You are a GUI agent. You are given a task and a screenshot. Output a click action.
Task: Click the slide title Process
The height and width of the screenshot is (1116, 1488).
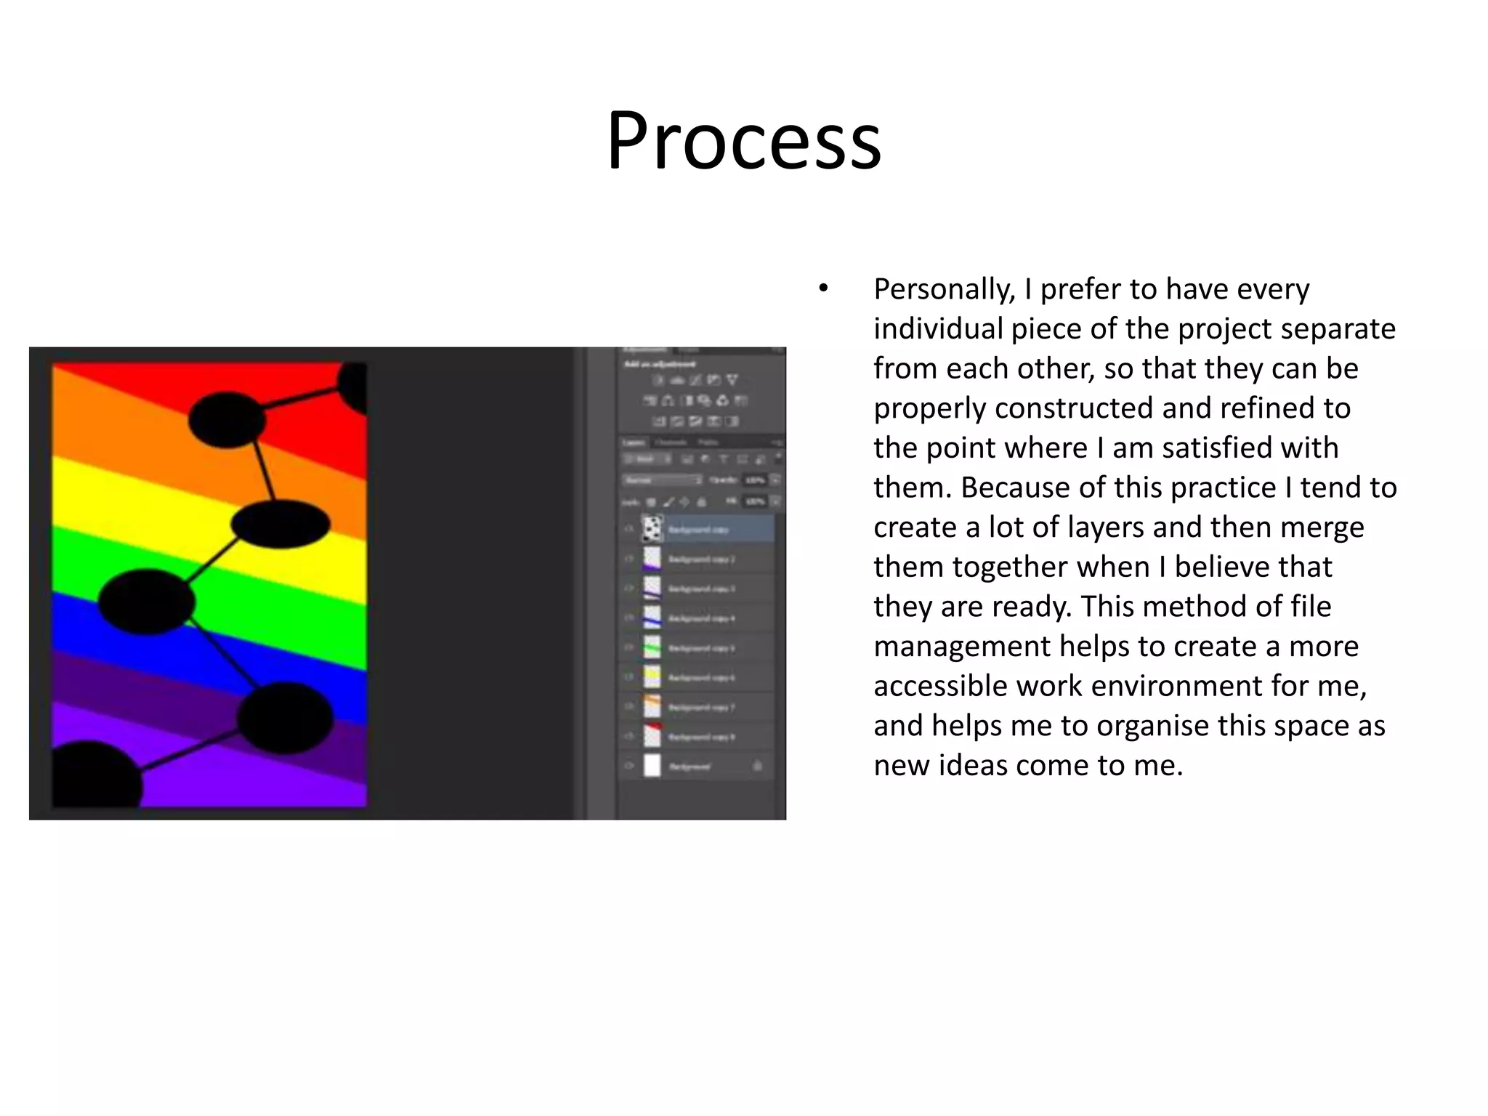pos(744,139)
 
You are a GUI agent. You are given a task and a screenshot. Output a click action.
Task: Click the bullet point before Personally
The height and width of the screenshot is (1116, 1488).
pos(822,289)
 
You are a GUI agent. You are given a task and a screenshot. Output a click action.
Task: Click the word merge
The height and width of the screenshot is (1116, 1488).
pos(1321,527)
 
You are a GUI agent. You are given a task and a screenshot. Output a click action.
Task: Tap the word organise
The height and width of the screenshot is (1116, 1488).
pos(1152,726)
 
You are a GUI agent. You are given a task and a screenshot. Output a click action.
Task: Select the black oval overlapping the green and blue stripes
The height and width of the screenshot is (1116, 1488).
pos(147,602)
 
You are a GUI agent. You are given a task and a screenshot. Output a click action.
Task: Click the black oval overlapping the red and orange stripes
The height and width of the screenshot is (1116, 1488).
pos(227,419)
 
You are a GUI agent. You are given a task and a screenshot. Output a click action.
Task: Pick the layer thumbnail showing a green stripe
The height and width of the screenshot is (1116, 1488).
pos(652,647)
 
